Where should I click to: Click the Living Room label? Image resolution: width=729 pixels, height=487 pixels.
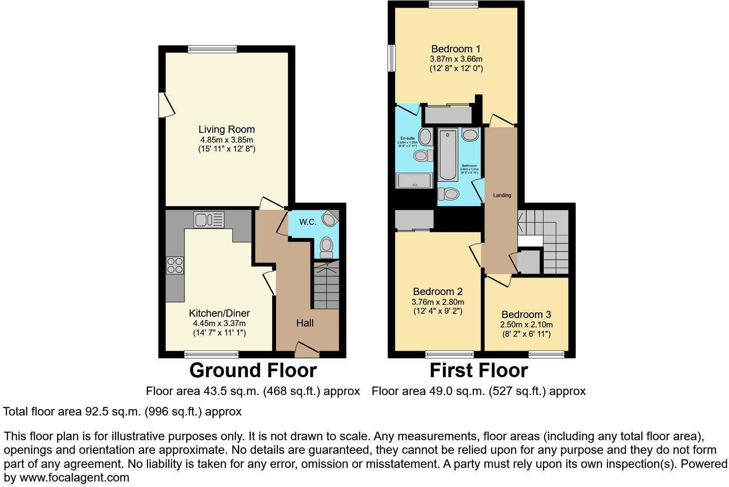click(227, 129)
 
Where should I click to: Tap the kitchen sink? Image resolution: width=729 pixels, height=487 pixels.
click(209, 220)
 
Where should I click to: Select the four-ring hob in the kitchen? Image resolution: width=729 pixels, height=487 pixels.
click(175, 265)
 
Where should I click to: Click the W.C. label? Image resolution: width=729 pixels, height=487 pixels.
click(307, 222)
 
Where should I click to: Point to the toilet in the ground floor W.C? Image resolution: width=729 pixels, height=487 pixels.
click(327, 247)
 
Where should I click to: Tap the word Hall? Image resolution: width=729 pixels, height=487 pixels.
click(305, 323)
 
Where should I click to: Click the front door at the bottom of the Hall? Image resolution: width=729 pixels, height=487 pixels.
click(307, 349)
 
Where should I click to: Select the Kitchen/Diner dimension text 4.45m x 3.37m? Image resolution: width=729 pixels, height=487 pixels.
click(219, 324)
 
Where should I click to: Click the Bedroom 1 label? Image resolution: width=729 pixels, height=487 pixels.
click(456, 49)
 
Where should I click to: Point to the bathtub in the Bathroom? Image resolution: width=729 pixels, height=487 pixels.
click(448, 155)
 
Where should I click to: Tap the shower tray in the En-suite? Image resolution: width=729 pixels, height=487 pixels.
click(413, 180)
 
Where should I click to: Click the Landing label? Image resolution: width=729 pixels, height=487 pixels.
click(502, 195)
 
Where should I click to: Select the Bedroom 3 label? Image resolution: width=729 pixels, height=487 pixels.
click(526, 315)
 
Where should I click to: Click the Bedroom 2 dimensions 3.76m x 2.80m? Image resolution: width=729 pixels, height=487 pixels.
click(438, 302)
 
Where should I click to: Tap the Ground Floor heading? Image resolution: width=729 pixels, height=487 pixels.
click(253, 370)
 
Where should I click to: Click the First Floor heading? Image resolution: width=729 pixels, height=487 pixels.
click(479, 370)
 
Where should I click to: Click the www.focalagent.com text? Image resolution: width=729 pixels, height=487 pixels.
click(74, 478)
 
